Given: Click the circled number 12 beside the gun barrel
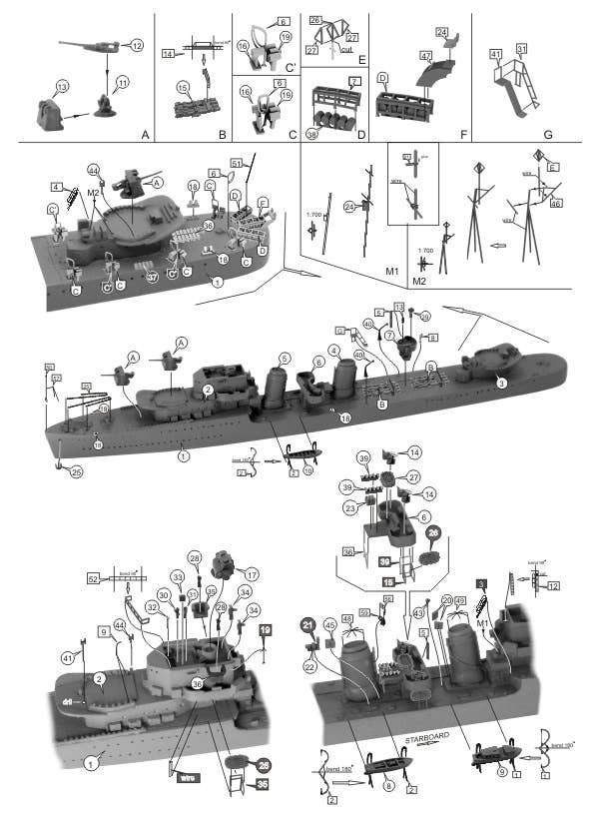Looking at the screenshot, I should pyautogui.click(x=137, y=45).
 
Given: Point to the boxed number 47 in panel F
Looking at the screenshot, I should pyautogui.click(x=426, y=55).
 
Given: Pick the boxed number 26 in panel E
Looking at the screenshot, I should pyautogui.click(x=314, y=20).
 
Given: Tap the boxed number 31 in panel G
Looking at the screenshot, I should pyautogui.click(x=521, y=48).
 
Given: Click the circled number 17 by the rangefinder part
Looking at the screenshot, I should pyautogui.click(x=251, y=574).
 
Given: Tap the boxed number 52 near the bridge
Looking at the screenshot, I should pyautogui.click(x=94, y=578).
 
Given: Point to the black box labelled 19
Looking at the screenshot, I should pyautogui.click(x=266, y=630).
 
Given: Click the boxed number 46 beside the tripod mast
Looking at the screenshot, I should pyautogui.click(x=556, y=203).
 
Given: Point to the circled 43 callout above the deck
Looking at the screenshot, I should pyautogui.click(x=418, y=611).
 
